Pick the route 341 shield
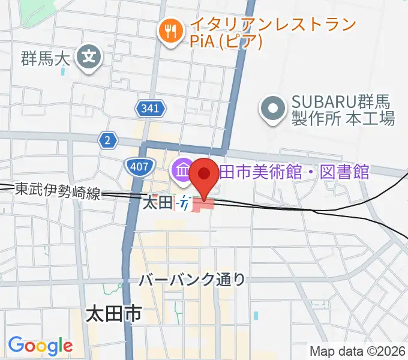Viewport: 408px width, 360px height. click(x=148, y=109)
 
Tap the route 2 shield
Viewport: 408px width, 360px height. click(x=107, y=140)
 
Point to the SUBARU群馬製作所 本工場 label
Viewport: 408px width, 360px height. click(x=343, y=109)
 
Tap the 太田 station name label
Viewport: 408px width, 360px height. click(x=157, y=203)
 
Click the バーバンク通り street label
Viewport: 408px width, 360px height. click(x=193, y=279)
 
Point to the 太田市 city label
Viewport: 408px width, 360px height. click(x=113, y=314)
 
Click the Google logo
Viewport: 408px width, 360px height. click(x=40, y=346)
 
